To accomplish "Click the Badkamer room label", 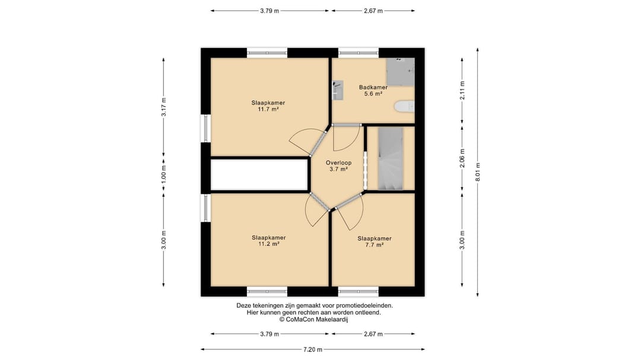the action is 373,87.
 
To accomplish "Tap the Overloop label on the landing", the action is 338,163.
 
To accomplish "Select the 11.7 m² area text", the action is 268,110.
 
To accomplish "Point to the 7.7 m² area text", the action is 375,245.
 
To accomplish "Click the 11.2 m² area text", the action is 269,244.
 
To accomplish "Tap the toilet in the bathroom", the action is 404,107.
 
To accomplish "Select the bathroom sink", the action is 338,90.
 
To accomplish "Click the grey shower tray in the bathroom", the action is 401,72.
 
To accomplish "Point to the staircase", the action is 391,158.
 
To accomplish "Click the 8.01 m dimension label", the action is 477,171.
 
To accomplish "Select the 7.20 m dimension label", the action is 313,349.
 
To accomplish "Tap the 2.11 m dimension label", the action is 462,91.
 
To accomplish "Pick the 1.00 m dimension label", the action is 164,174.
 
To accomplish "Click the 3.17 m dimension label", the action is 164,107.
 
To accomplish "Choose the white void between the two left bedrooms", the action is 259,174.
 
